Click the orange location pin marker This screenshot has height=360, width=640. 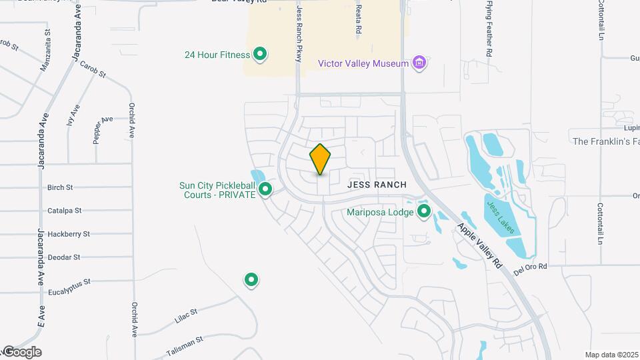[320, 159]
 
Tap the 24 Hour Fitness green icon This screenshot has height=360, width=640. [261, 54]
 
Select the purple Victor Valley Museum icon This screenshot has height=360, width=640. [419, 63]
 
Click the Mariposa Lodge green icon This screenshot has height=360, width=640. [423, 213]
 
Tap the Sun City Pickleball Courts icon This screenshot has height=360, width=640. [265, 190]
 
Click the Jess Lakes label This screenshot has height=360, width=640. [500, 217]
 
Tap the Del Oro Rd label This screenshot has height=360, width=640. [530, 267]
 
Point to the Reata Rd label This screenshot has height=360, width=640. [358, 18]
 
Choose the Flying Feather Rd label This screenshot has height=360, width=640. [489, 28]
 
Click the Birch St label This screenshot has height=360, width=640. [60, 188]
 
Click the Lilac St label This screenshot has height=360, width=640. [186, 315]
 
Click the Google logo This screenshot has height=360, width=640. [22, 351]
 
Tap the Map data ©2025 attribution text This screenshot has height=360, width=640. [611, 355]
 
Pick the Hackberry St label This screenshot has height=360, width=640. [68, 234]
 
